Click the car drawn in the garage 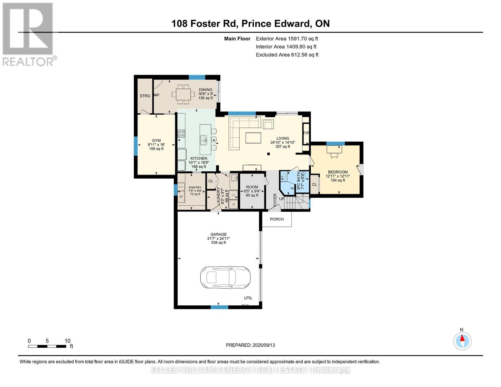(225, 278)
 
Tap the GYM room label (156, 141)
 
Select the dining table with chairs (183, 94)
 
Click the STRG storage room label (145, 96)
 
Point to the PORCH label (276, 219)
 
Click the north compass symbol (462, 341)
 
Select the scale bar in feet (47, 346)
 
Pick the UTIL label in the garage (248, 298)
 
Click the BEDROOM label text (338, 172)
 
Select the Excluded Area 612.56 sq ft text (287, 55)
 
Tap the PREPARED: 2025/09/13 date (250, 345)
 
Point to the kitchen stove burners (181, 134)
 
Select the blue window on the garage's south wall (219, 307)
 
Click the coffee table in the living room (253, 138)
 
